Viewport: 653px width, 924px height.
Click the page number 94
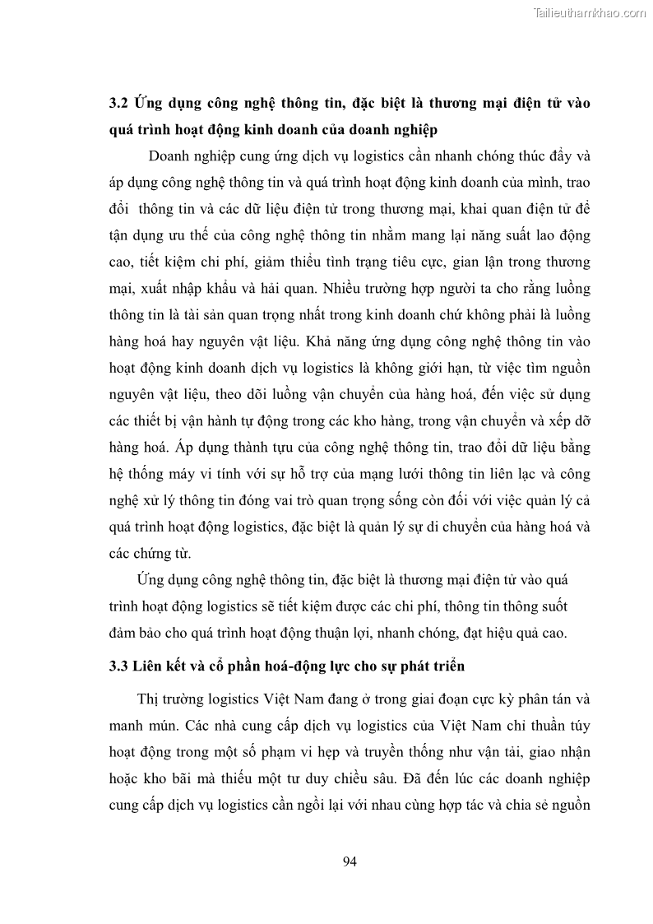pos(348,861)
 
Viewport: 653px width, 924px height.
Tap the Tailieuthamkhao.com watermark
pos(590,12)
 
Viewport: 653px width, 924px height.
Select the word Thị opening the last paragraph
pos(150,699)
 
